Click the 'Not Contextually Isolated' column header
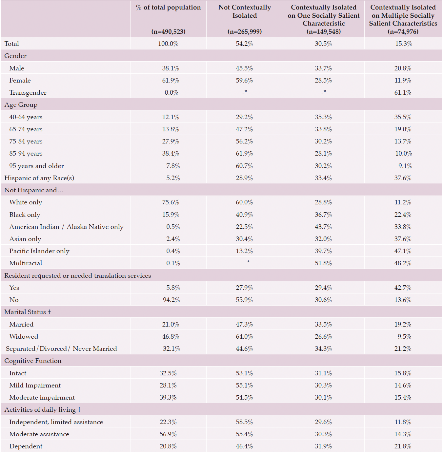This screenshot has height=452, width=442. click(x=245, y=11)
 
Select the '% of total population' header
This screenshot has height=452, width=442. click(x=168, y=8)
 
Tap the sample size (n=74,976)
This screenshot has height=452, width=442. click(x=403, y=31)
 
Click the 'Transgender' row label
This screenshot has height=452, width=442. click(x=28, y=93)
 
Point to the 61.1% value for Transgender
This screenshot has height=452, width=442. click(x=403, y=93)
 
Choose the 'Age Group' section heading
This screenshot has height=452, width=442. click(x=21, y=105)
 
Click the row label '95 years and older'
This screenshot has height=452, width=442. click(x=36, y=166)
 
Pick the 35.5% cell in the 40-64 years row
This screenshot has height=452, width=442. click(x=403, y=117)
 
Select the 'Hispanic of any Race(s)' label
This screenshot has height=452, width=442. click(x=39, y=178)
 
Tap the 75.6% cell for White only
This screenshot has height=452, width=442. click(x=171, y=202)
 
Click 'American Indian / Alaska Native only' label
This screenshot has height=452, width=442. click(x=66, y=227)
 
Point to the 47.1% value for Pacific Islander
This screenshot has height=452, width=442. click(x=403, y=251)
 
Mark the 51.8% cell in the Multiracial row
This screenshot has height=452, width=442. click(x=323, y=263)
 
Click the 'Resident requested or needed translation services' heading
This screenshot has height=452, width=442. click(x=78, y=276)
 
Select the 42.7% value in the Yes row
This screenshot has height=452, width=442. click(x=403, y=288)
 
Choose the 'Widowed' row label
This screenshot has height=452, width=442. click(x=24, y=337)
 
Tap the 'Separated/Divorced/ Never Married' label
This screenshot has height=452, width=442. click(x=61, y=349)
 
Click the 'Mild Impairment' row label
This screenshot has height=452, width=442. click(x=35, y=386)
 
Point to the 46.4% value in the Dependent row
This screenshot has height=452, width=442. click(x=244, y=446)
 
